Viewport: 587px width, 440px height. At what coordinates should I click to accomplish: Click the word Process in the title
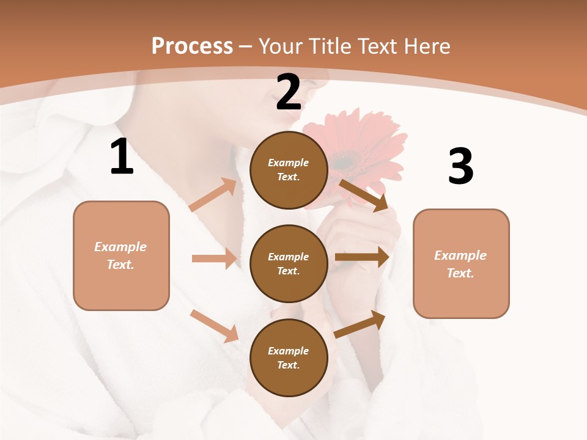tap(192, 46)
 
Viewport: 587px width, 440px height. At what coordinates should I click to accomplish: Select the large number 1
tap(122, 157)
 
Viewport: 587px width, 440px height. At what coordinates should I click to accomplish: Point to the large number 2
tap(289, 92)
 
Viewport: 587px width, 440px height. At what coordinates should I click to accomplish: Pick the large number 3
tap(461, 166)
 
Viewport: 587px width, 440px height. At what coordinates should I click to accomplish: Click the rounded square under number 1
tap(121, 255)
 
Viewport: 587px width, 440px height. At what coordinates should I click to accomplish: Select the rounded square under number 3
tap(461, 263)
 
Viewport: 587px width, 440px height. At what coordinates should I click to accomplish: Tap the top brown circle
tap(289, 170)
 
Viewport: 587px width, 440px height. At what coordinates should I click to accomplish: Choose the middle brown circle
tap(289, 263)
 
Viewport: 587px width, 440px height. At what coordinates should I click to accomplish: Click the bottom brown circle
tap(289, 358)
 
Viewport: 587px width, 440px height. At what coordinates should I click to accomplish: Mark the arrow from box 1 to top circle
tap(213, 195)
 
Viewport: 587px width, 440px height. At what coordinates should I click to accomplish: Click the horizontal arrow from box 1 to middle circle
tap(214, 258)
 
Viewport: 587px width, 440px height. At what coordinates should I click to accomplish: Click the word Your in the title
tap(281, 46)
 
